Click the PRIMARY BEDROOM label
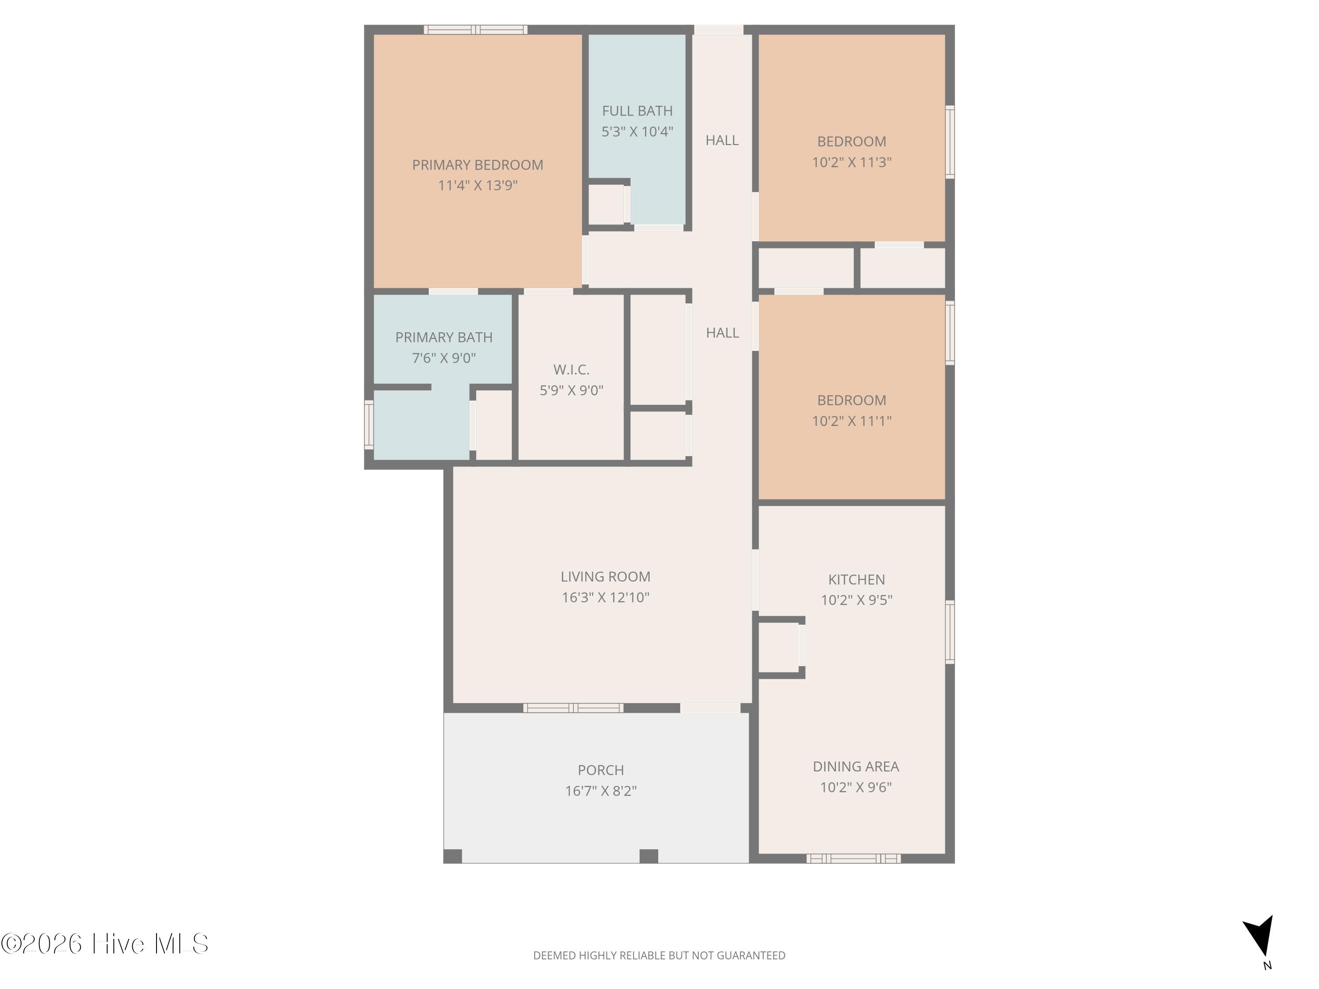(477, 165)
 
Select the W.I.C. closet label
(571, 370)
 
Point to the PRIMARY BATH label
(444, 338)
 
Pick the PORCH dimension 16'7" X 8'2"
(601, 790)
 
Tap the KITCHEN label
(856, 579)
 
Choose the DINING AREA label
(856, 767)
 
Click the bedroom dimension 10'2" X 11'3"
(852, 162)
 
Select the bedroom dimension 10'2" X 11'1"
(852, 421)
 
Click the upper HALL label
(722, 140)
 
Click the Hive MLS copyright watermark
(105, 944)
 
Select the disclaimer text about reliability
(659, 956)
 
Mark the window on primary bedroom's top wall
(475, 30)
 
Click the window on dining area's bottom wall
(853, 858)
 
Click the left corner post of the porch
(452, 856)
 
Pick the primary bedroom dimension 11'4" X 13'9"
(477, 185)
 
